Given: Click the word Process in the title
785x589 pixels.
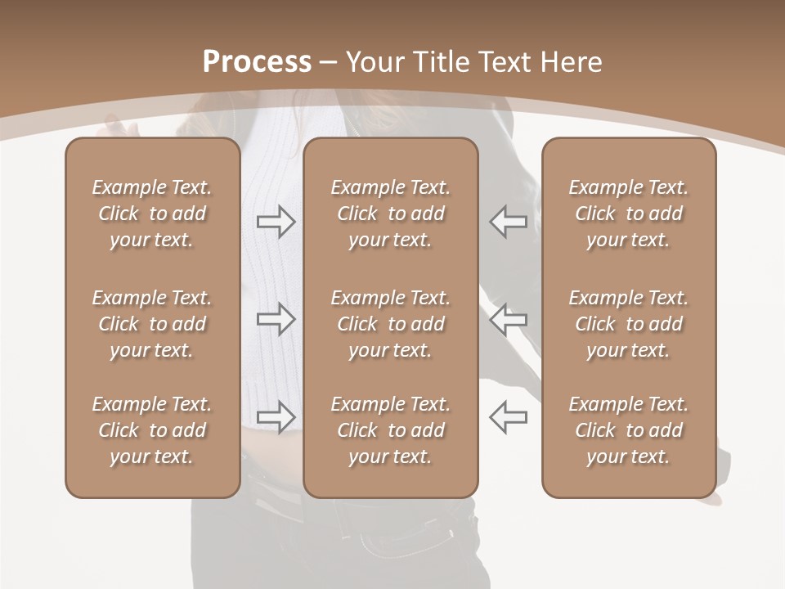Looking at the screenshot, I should tap(257, 62).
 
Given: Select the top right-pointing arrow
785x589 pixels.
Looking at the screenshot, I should tap(276, 222).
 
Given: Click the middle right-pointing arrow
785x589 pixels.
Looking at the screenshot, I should tap(276, 319).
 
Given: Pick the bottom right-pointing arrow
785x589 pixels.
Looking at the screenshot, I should tap(276, 416).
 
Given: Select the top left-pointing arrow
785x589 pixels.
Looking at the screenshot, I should tap(508, 222).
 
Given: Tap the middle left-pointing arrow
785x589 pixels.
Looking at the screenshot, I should tap(508, 319).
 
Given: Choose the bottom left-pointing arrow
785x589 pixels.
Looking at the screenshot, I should tap(508, 416).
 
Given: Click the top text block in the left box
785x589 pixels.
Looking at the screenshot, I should tap(152, 214).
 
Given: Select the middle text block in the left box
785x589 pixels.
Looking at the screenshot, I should tap(152, 324).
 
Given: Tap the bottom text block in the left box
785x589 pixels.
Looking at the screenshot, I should tap(152, 430).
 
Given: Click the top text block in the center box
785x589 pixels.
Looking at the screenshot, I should tap(390, 214).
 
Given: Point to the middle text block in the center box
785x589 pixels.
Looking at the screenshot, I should tap(390, 324).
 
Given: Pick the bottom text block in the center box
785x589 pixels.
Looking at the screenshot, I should tap(390, 430).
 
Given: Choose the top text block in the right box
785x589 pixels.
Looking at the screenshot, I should tap(628, 214).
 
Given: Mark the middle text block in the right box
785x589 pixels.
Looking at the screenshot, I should tap(628, 324).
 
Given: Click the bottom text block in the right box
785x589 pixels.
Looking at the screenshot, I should tap(628, 430).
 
